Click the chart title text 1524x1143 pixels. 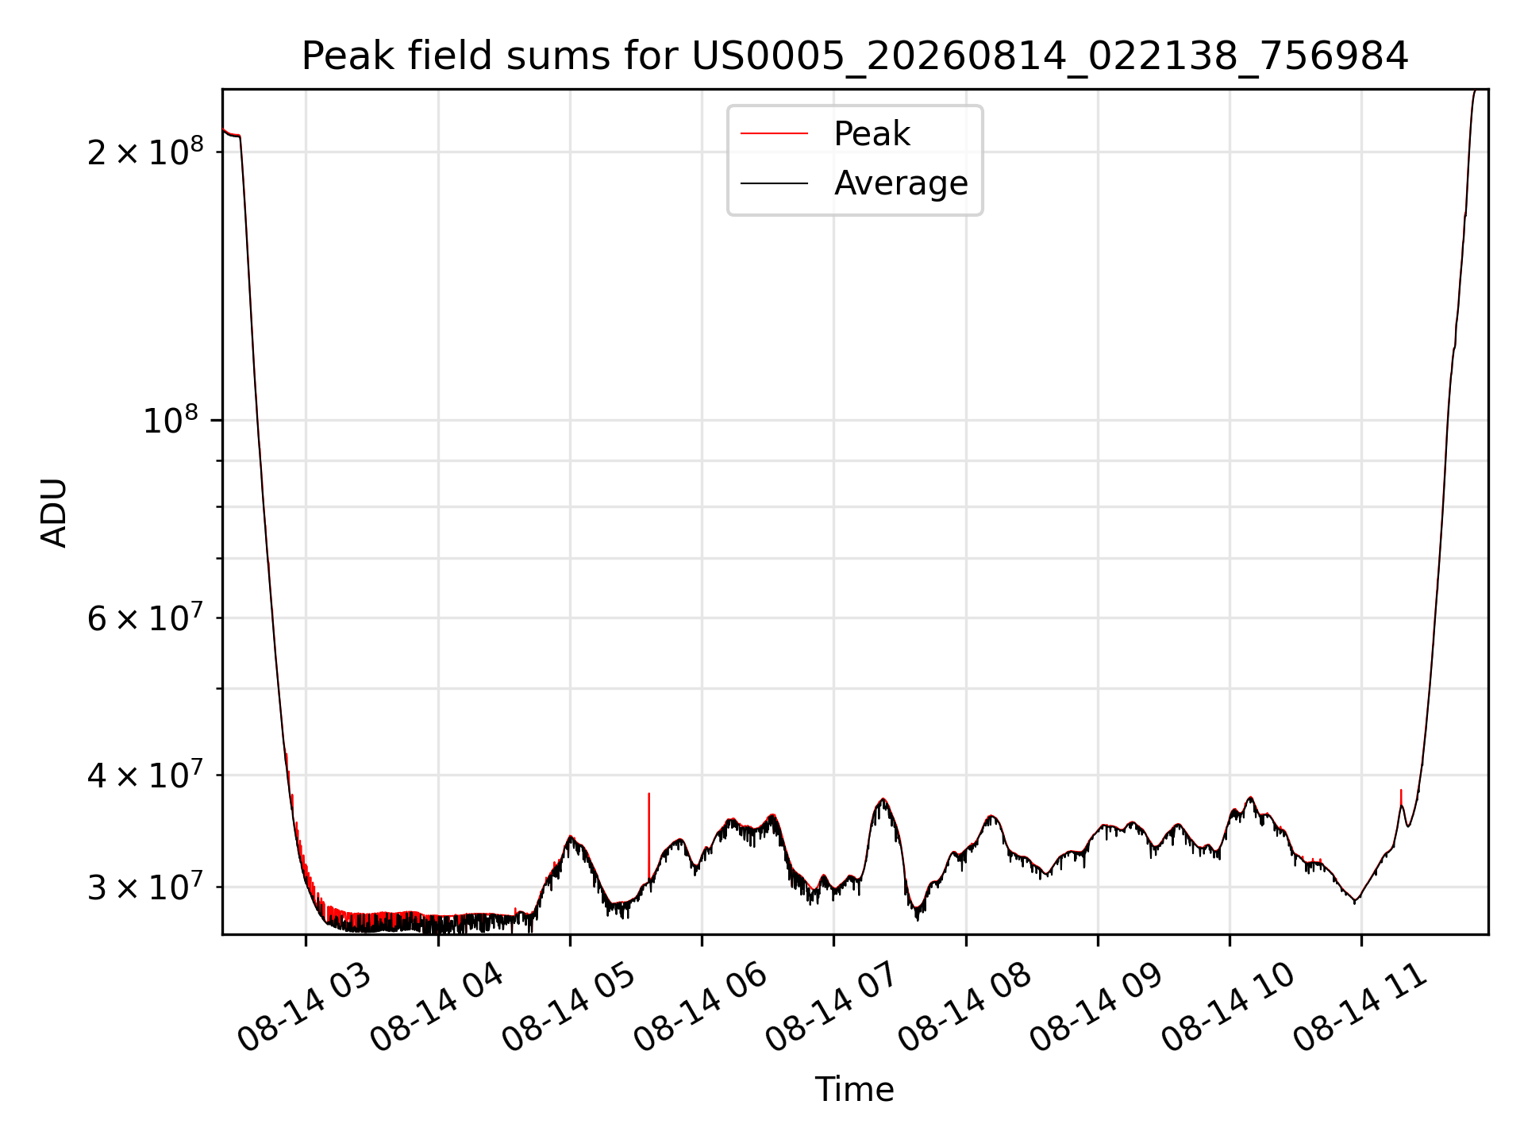point(855,56)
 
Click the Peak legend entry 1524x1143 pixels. point(825,134)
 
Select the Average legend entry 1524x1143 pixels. point(854,183)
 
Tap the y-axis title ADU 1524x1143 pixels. point(54,512)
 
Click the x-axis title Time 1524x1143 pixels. point(854,1090)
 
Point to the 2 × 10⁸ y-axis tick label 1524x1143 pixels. point(145,150)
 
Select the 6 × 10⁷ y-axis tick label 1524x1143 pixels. point(145,617)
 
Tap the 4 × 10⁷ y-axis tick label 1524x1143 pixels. point(145,774)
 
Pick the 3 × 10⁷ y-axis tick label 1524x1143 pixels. point(145,886)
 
